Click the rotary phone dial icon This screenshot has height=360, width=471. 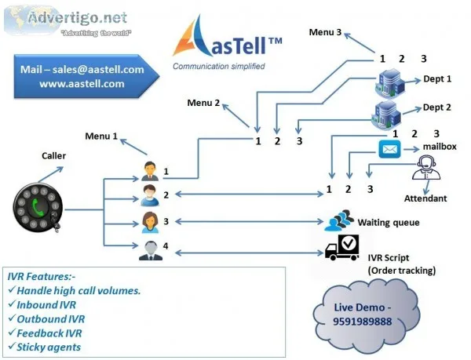click(38, 209)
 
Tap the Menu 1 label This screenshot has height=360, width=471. click(101, 136)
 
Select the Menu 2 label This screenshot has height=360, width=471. click(203, 103)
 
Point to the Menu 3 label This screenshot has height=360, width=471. click(325, 32)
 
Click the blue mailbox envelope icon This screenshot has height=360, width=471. click(389, 149)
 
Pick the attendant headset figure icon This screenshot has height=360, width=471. click(426, 167)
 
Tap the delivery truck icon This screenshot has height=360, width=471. click(342, 248)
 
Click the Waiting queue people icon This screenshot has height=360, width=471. click(339, 220)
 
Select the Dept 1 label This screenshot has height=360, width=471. click(437, 79)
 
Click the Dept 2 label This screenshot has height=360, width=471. click(436, 107)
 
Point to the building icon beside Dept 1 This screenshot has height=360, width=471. click(390, 83)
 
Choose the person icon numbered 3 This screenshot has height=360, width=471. click(150, 222)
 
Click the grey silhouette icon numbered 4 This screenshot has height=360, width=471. click(151, 250)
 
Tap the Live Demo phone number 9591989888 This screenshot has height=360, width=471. click(362, 322)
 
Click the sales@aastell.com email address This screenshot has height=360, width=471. click(98, 70)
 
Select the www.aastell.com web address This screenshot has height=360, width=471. click(82, 84)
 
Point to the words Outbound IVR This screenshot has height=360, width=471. click(51, 319)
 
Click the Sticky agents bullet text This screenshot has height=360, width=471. click(49, 347)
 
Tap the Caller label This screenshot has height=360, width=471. click(53, 156)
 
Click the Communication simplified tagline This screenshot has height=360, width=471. click(219, 67)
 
